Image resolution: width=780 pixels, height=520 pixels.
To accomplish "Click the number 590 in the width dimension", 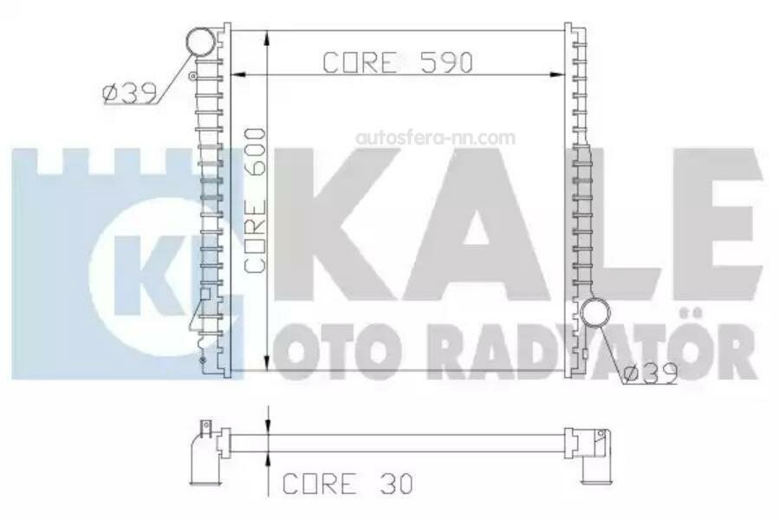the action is (x=446, y=62).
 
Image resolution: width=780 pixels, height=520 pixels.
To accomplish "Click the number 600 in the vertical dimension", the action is (x=255, y=152).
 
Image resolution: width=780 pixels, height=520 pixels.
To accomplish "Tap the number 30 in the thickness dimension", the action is (x=396, y=484).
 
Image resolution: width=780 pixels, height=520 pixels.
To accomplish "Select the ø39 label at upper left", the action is (x=129, y=94).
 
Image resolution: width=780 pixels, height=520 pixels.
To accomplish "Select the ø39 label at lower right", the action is (x=651, y=374).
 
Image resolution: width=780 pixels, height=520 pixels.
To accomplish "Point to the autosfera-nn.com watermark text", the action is (x=435, y=137).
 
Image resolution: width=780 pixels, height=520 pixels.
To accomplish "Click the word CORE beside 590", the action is (x=361, y=62).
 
